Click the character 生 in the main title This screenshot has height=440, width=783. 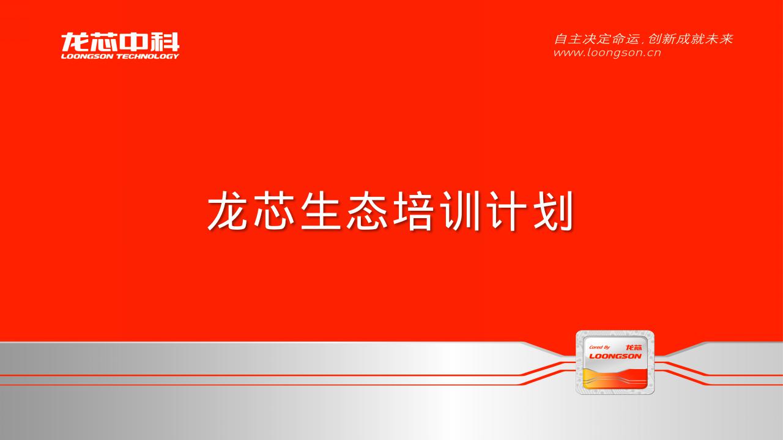click(321, 211)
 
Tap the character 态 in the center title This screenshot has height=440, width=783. click(367, 211)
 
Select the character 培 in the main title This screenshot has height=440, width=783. click(414, 211)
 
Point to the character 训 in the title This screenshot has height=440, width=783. click(460, 211)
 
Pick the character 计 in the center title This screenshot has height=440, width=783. click(507, 211)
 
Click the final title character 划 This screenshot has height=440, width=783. click(554, 211)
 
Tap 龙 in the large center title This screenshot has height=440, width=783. click(228, 211)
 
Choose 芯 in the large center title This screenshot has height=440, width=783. click(275, 211)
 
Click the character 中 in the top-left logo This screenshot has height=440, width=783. click(135, 42)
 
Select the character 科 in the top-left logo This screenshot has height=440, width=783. click(165, 42)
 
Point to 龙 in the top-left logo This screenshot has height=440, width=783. click(75, 42)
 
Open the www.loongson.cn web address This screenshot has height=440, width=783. click(607, 53)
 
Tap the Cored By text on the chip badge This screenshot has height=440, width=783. click(599, 347)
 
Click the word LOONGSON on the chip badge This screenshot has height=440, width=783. click(615, 356)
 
